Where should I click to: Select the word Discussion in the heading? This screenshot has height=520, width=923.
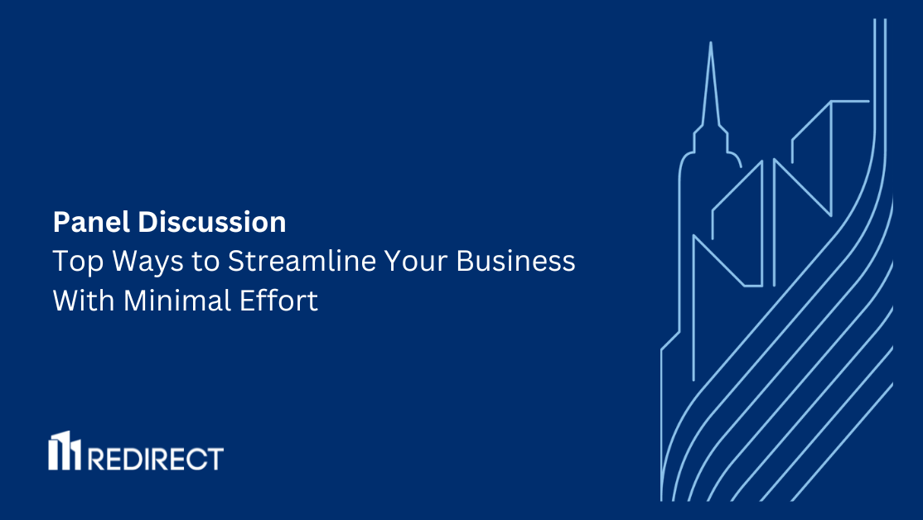coord(212,222)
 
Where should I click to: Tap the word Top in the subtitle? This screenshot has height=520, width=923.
coord(72,262)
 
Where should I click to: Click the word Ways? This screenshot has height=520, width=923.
coord(137,262)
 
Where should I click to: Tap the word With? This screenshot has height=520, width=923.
coord(85,301)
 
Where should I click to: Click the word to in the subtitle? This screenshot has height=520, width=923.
coord(204,262)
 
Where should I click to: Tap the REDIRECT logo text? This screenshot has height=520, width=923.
coord(155,458)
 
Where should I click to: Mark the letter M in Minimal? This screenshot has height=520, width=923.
coord(134,301)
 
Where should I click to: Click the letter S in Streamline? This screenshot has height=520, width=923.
coord(237,262)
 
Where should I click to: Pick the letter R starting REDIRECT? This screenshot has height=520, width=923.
coord(95,458)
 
